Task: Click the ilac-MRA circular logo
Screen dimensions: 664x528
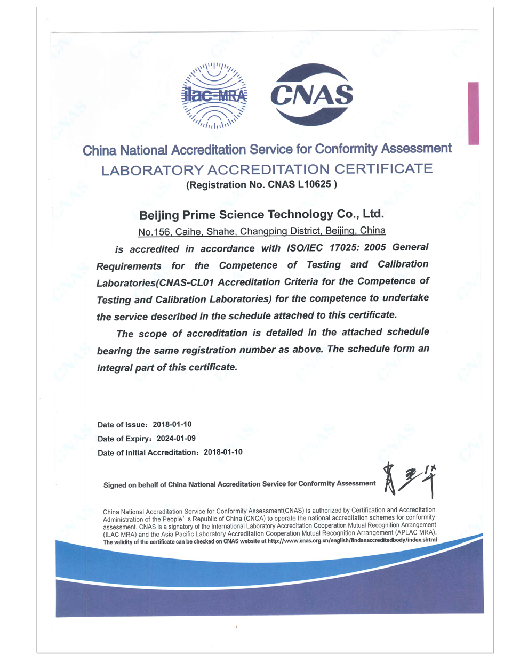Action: pos(214,96)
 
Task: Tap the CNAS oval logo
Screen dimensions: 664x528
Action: pos(312,95)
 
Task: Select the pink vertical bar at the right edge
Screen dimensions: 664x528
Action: pos(473,113)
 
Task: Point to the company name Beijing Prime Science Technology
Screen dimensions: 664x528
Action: pos(261,214)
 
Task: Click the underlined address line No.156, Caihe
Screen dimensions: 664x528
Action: pos(261,231)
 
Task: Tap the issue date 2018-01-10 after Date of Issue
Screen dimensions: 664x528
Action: pos(172,424)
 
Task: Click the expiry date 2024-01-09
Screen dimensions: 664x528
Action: pos(176,438)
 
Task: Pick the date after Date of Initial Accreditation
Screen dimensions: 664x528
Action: pos(223,452)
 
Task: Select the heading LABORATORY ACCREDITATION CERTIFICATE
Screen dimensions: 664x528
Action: pos(267,169)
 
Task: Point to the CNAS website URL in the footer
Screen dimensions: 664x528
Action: pos(352,540)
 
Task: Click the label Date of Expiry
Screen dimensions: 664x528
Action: pos(125,439)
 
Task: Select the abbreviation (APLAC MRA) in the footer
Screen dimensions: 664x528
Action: pos(415,533)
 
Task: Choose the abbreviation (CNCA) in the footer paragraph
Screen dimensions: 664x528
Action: pos(253,518)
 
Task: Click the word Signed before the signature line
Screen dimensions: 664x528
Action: pos(115,485)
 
